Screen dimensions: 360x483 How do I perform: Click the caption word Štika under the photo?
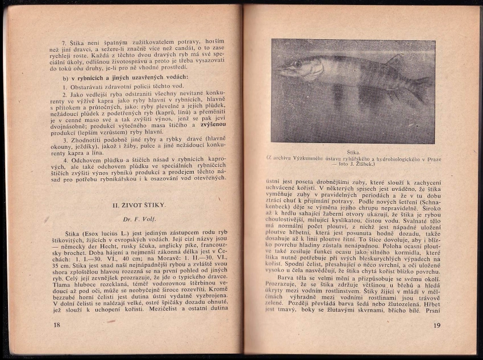pos(353,152)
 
